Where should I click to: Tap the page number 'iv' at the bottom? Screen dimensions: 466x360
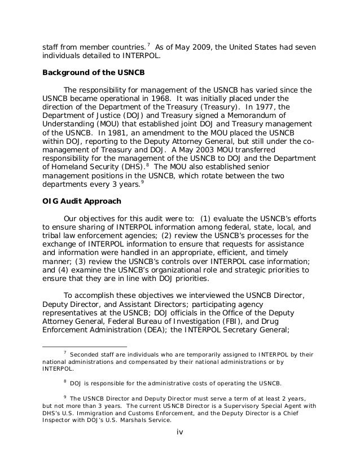tap(180, 433)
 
